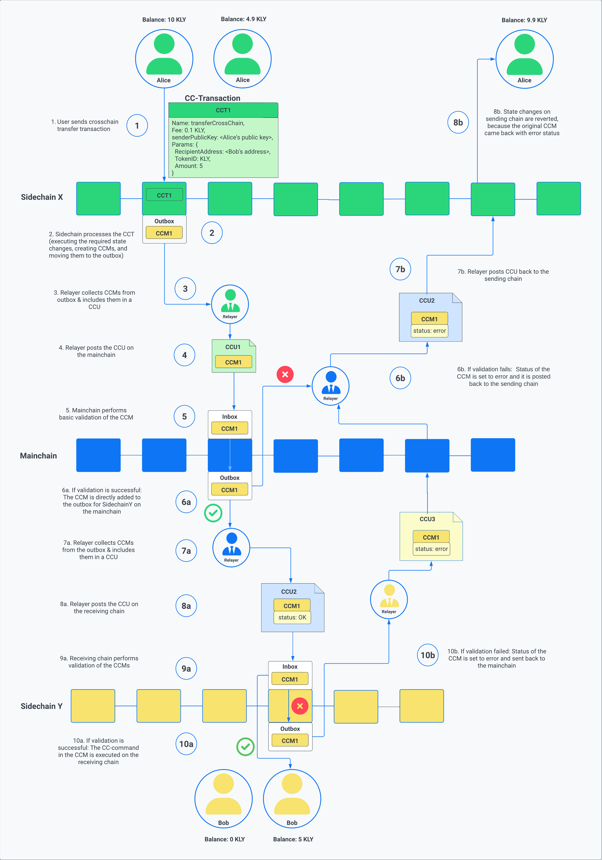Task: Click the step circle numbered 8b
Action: (x=458, y=122)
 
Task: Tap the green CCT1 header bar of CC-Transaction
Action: (x=223, y=110)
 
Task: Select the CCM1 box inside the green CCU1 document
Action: (x=233, y=362)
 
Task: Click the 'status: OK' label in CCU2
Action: (x=292, y=617)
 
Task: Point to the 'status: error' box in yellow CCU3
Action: (x=431, y=549)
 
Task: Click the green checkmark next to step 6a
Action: (x=213, y=513)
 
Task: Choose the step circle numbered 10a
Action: (x=186, y=744)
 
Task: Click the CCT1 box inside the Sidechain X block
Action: (x=164, y=195)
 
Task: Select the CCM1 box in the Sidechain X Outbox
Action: (x=164, y=233)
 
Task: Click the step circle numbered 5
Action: (x=184, y=416)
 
